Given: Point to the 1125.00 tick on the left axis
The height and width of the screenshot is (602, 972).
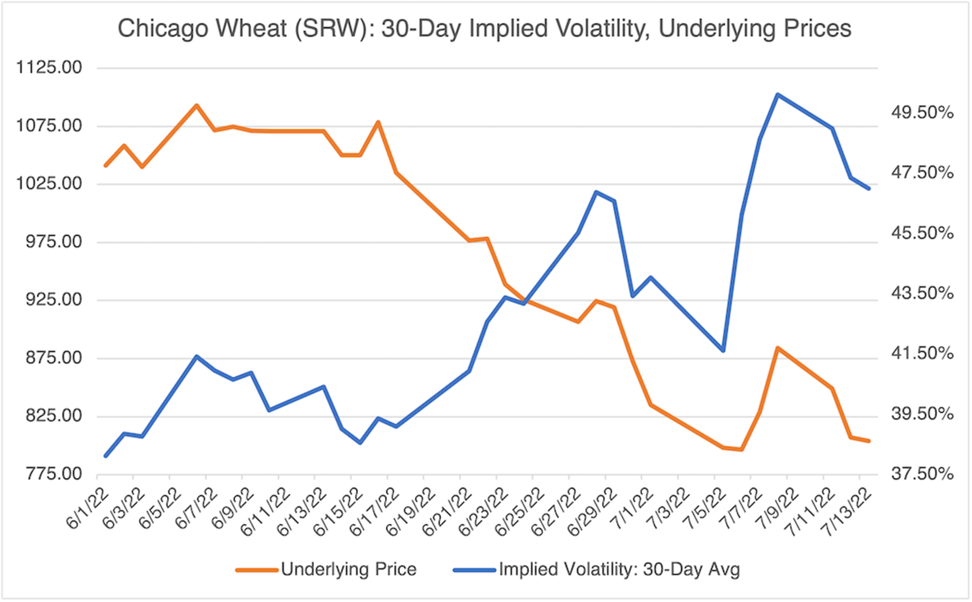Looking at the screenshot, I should (x=49, y=68).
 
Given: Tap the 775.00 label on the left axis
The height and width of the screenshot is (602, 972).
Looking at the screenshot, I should (x=49, y=474).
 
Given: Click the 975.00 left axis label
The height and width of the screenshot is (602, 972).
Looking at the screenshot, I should (x=49, y=242).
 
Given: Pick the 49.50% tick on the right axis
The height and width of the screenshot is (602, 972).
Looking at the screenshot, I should (x=923, y=113).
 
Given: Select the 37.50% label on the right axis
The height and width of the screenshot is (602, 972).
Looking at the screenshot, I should (x=923, y=474).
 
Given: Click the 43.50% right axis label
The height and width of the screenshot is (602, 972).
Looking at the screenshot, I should (x=923, y=294).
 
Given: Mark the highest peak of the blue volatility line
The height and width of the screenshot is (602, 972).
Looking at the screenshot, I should (x=777, y=95).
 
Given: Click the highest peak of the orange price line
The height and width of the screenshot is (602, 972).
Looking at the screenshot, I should (x=196, y=105).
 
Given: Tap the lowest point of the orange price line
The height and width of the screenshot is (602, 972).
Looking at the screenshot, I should (x=741, y=450).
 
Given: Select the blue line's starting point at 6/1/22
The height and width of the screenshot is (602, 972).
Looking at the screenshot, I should (x=106, y=456).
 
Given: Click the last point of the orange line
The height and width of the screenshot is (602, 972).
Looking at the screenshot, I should (x=869, y=441).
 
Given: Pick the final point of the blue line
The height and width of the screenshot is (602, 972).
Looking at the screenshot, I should (x=869, y=189).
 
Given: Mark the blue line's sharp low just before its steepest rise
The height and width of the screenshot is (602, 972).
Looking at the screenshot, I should (x=723, y=350).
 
